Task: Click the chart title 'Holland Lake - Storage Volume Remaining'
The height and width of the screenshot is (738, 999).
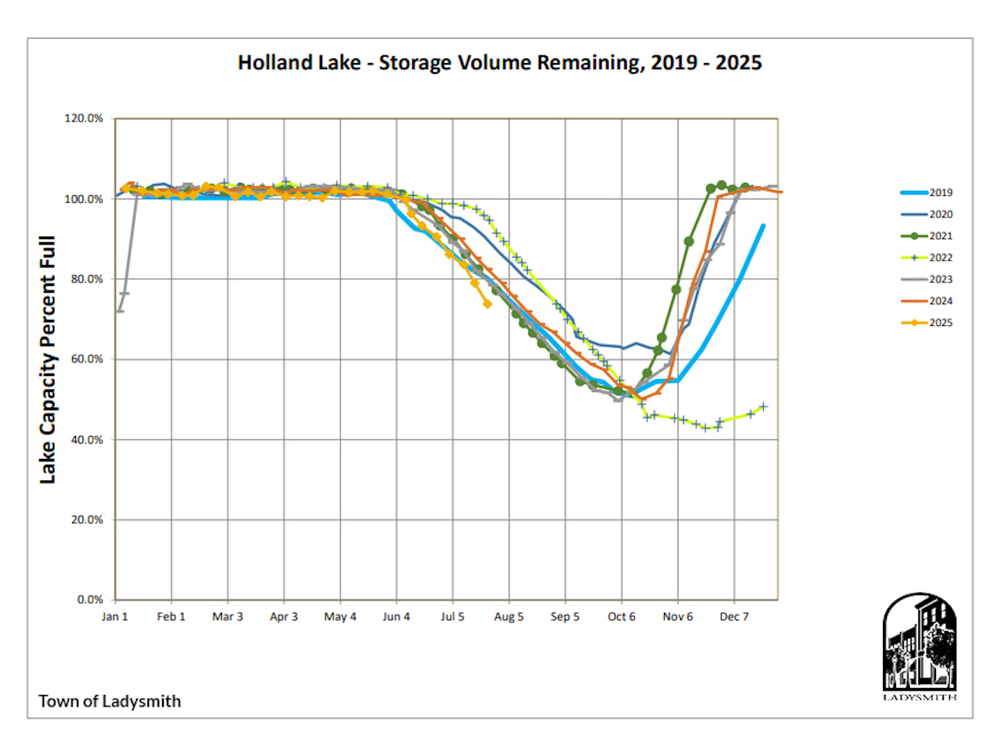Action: coord(499,62)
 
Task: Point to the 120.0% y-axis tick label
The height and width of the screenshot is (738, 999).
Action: coord(83,118)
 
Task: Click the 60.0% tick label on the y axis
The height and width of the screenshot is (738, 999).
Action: coord(86,359)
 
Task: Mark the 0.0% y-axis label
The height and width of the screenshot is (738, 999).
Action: coord(89,600)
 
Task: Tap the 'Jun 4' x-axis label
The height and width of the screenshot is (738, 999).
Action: coord(397,617)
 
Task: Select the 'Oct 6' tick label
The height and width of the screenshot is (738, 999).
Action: coord(622,617)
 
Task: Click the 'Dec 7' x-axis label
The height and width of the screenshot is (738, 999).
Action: coord(734,617)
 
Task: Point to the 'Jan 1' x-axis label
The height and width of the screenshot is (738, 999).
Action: coord(115,617)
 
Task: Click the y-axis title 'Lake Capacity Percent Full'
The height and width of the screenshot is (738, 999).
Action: coord(48,360)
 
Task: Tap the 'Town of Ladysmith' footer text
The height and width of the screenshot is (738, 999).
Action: coord(110,701)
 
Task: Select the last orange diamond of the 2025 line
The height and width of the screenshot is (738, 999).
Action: coord(487,304)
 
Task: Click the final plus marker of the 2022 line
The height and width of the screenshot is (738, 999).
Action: coord(763,407)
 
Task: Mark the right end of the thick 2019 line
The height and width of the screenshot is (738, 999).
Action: coord(763,226)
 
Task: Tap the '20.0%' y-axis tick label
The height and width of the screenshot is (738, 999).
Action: coord(86,520)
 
